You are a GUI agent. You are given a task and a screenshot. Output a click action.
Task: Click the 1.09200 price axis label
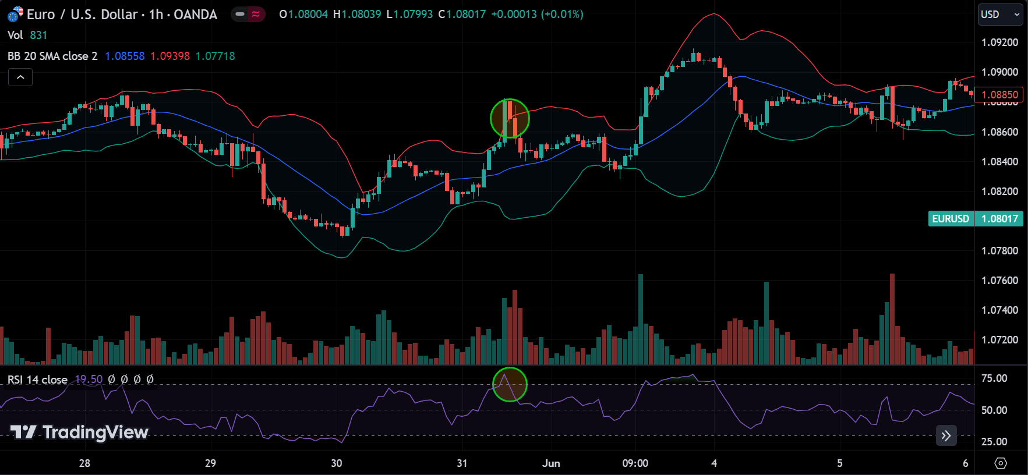tap(999, 42)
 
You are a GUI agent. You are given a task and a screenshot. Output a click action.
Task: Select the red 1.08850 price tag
tap(999, 94)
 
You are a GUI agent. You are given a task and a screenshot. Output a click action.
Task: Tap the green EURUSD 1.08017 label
tap(975, 219)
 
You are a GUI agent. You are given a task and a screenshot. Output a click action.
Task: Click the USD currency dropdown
tap(1000, 15)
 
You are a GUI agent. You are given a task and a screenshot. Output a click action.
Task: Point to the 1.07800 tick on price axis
tap(999, 251)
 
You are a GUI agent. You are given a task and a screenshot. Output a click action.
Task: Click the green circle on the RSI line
tap(510, 384)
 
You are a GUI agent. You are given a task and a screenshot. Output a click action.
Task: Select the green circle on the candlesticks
tap(510, 118)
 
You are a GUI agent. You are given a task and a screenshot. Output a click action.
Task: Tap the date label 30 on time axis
tap(337, 463)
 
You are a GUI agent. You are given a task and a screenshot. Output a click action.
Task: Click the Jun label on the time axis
tap(551, 463)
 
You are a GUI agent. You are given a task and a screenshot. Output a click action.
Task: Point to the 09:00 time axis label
tap(635, 463)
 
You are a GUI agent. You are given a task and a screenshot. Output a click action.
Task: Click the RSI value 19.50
tap(89, 380)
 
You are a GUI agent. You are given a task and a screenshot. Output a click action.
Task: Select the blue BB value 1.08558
tap(125, 56)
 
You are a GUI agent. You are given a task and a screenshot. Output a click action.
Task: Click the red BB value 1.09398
tap(170, 56)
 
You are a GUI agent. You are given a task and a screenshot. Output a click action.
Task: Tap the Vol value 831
tap(38, 35)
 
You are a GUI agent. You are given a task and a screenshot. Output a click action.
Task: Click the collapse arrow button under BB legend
tap(20, 77)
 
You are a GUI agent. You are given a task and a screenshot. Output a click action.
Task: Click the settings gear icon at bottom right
tap(1001, 463)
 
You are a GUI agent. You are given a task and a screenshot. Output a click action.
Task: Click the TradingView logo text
tap(80, 432)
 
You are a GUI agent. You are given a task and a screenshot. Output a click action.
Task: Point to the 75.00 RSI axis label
tap(994, 378)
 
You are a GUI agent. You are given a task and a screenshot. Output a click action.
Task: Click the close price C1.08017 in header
tap(462, 15)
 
